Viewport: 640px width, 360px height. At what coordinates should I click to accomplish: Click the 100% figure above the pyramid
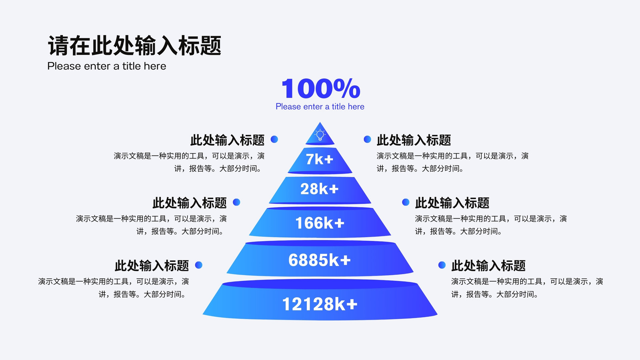tap(320, 88)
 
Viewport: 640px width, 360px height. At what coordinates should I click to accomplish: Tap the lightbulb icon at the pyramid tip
tap(320, 135)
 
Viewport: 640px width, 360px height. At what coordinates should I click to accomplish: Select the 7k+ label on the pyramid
tap(320, 159)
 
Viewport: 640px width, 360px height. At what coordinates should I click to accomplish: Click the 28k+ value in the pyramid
tap(320, 189)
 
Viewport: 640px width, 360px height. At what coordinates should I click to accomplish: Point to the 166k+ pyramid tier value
tap(320, 223)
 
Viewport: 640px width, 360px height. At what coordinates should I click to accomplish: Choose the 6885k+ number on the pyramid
tap(320, 260)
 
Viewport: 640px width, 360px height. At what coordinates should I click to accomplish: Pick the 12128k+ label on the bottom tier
tap(320, 304)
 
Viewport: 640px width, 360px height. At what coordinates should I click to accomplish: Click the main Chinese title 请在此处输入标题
tap(134, 46)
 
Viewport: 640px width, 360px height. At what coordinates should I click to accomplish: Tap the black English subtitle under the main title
tap(106, 66)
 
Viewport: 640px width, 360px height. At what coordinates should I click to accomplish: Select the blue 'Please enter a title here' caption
tap(320, 106)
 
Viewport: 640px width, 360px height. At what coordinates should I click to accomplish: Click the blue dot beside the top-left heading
tap(274, 139)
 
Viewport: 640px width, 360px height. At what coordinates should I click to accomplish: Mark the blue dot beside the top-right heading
tap(368, 139)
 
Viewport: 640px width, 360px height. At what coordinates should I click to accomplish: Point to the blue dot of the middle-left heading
tap(236, 202)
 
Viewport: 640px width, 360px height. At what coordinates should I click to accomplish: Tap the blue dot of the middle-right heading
tap(406, 202)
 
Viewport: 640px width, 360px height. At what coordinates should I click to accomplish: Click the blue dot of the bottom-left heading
tap(198, 265)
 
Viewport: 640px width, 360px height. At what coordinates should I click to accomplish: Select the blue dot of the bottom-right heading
tap(442, 265)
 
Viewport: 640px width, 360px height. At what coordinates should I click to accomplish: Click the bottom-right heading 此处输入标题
tap(488, 266)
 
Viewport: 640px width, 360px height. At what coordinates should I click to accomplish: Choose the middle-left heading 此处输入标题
tap(190, 203)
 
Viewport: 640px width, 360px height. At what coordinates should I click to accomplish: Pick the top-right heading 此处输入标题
tap(414, 140)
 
